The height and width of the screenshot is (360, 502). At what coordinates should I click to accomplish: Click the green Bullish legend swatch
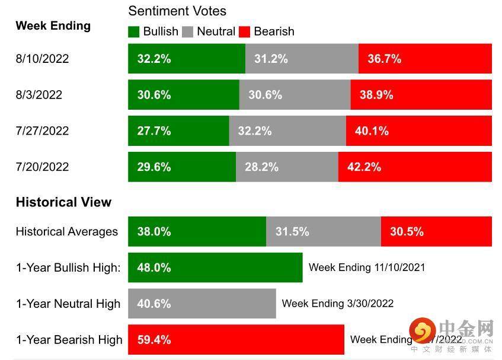pos(134,31)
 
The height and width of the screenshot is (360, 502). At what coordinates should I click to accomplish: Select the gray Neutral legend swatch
pos(188,31)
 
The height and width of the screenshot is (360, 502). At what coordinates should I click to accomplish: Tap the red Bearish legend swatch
pos(244,31)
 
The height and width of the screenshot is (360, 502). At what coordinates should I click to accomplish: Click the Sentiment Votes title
pos(177,11)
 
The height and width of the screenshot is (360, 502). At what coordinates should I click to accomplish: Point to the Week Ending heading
pos(53,26)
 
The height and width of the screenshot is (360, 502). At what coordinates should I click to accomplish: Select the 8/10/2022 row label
pos(42,59)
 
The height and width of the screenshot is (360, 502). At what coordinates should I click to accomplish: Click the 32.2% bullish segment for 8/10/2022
pos(186,59)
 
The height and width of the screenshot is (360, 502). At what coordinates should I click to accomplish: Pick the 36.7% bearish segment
pos(425,59)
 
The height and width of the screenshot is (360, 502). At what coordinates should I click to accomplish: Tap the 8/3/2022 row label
pos(39,95)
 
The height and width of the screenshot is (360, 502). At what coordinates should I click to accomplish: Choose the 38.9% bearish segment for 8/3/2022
pos(421,95)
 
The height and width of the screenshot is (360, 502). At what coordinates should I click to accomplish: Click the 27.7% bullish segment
pos(178,131)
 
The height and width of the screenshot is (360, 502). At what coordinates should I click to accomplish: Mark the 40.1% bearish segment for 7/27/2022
pos(418,131)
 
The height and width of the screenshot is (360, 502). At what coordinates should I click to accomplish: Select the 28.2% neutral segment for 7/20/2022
pos(287,167)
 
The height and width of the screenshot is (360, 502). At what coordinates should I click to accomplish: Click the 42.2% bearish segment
pos(415,167)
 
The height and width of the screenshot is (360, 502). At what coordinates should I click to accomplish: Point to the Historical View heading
pos(63,202)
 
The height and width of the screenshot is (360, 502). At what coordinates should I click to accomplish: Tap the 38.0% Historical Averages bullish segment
pos(197,232)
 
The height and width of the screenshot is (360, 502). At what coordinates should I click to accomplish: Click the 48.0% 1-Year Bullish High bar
pos(215,268)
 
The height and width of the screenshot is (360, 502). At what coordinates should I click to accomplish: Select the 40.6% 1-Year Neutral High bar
pos(202,304)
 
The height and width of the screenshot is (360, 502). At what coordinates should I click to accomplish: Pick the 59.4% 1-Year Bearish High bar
pos(236,340)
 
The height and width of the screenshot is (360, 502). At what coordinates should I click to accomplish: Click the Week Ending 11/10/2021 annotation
pos(367,267)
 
